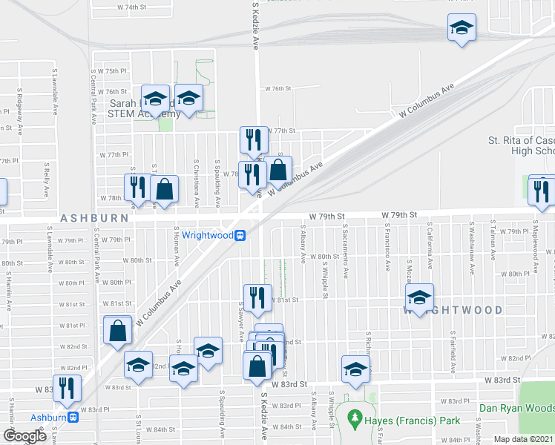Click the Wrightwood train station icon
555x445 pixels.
pos(240,236)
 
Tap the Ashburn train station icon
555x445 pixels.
pos(73,417)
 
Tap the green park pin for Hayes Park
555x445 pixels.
pos(353,419)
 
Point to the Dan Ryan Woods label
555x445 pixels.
pos(516,408)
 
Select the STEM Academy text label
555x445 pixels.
pos(144,113)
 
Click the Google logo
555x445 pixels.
pos(24,436)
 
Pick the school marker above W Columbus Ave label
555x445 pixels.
pos(462,29)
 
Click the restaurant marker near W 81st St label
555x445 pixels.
pos(257,297)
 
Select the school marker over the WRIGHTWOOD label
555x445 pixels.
pos(420,298)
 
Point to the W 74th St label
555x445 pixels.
pos(133,7)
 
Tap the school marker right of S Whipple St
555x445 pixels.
pos(355,368)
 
